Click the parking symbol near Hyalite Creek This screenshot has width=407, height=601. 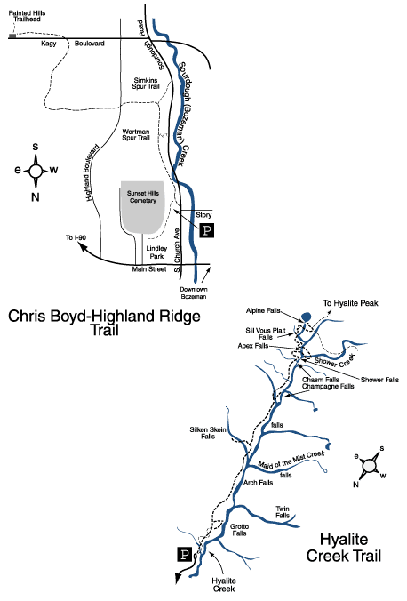coord(184,555)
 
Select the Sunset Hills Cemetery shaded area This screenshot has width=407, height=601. coord(142,211)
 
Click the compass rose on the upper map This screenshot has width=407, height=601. coord(36,170)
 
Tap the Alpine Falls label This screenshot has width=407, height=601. coord(264,312)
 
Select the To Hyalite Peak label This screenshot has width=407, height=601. coord(349,303)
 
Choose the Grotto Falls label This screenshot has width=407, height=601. coord(239,532)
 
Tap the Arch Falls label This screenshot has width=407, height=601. coord(258,483)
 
